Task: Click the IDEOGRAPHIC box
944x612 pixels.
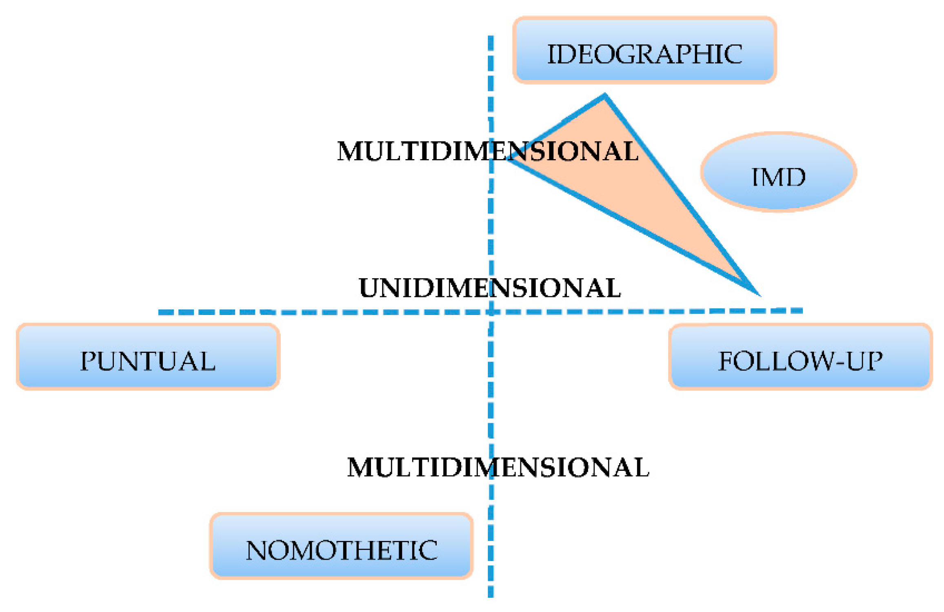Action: [644, 51]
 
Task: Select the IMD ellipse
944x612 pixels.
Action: [778, 172]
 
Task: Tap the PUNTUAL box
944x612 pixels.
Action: [148, 357]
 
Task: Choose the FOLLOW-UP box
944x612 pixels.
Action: [800, 357]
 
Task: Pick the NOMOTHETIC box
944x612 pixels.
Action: [341, 546]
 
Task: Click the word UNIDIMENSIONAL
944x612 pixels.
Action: [490, 288]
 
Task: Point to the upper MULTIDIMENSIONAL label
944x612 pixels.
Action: [488, 151]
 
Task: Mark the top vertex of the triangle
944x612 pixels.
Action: [605, 96]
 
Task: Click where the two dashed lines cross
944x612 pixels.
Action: [491, 312]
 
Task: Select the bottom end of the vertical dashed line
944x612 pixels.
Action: [491, 596]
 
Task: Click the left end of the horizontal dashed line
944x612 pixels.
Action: [160, 313]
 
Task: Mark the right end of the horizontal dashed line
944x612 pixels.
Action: [802, 310]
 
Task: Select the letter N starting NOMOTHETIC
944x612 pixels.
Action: [256, 550]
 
